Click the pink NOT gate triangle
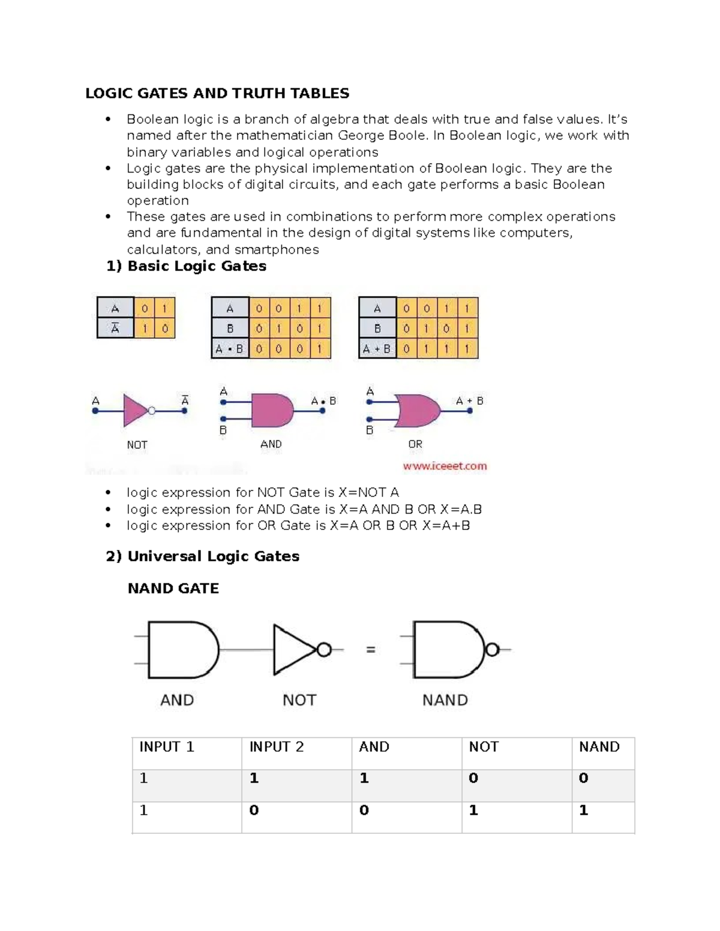134,411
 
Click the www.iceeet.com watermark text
445,466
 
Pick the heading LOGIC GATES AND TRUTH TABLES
217,94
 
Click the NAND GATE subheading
173,588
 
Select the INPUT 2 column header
277,747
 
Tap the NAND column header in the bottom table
599,747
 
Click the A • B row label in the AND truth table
230,348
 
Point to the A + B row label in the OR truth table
377,348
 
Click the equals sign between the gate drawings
371,649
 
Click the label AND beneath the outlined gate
177,700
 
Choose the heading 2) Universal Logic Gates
202,556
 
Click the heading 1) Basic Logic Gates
186,266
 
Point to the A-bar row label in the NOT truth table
115,329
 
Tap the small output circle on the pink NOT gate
152,411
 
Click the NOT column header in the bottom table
484,747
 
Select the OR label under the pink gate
415,444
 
